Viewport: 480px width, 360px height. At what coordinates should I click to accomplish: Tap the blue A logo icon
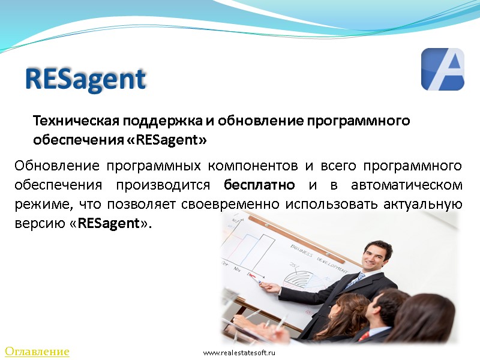point(442,70)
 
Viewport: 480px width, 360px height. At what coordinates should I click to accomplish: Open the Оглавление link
point(37,352)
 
